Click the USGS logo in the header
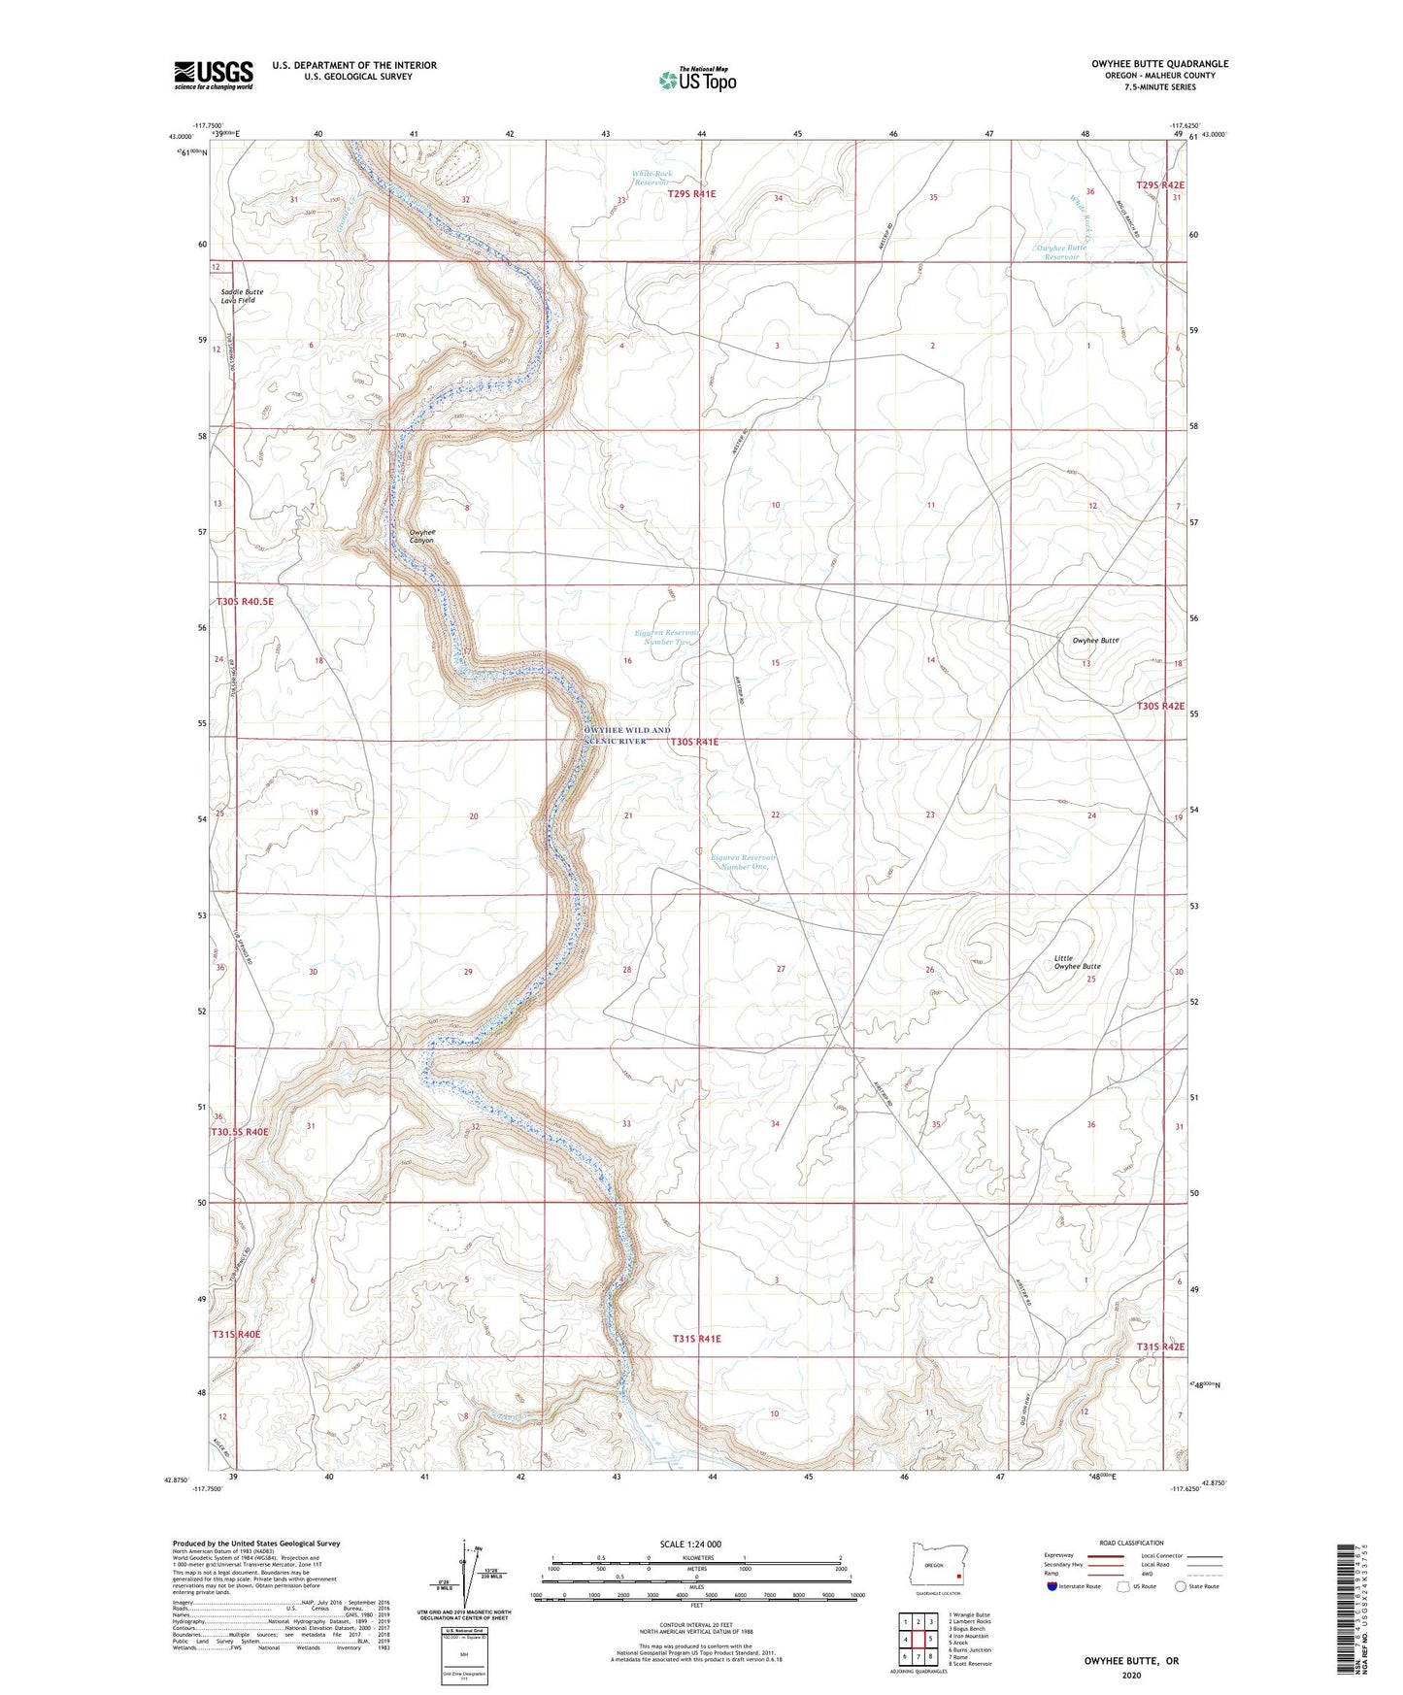214,75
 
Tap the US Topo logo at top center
695,80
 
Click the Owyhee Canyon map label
421,536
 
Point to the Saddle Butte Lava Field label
242,296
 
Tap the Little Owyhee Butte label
1077,962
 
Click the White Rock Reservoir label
651,178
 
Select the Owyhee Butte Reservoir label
1061,252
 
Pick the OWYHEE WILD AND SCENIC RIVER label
627,735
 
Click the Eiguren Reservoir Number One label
743,861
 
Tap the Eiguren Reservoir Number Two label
666,637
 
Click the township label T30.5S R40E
240,1132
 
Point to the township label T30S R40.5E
245,602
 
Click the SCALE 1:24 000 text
696,1544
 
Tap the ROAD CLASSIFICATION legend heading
1131,1543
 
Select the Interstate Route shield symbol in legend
1052,1586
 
